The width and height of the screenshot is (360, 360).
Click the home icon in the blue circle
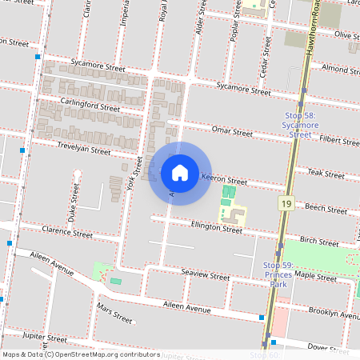pyautogui.click(x=180, y=173)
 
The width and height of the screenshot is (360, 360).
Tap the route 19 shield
pyautogui.click(x=286, y=205)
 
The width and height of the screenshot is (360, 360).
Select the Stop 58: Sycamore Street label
pyautogui.click(x=300, y=125)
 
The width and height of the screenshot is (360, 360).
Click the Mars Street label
pyautogui.click(x=114, y=313)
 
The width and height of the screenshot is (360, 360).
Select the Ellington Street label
pyautogui.click(x=216, y=229)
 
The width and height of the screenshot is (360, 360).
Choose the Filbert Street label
pyautogui.click(x=336, y=141)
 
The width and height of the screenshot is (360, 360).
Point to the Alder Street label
pyautogui.click(x=201, y=28)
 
